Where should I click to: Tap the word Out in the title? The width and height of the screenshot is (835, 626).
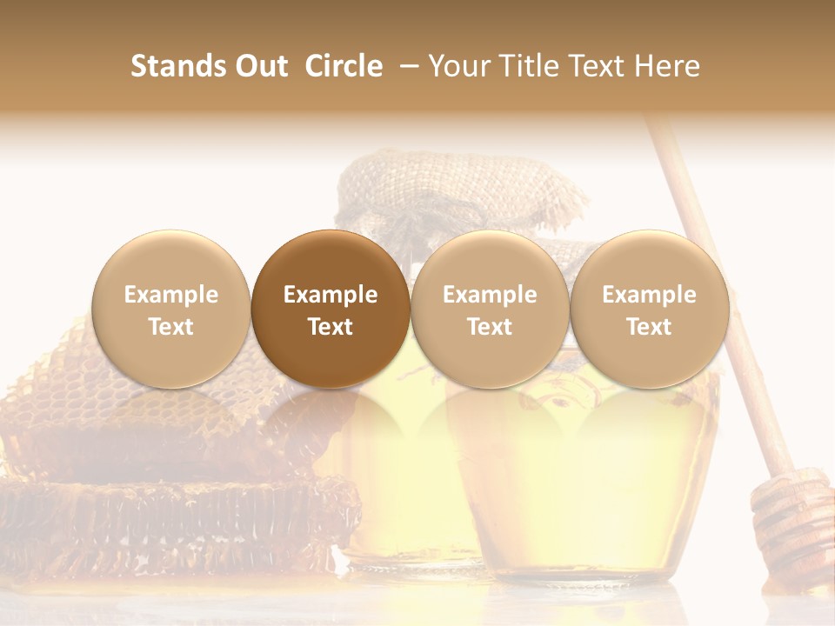tap(258, 66)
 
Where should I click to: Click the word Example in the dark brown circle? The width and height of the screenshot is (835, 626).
tap(331, 295)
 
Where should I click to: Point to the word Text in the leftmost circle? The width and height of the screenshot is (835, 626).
tap(170, 327)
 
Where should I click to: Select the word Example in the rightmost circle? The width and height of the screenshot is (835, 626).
tap(650, 295)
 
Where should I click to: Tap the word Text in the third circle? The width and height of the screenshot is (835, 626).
tap(490, 327)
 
